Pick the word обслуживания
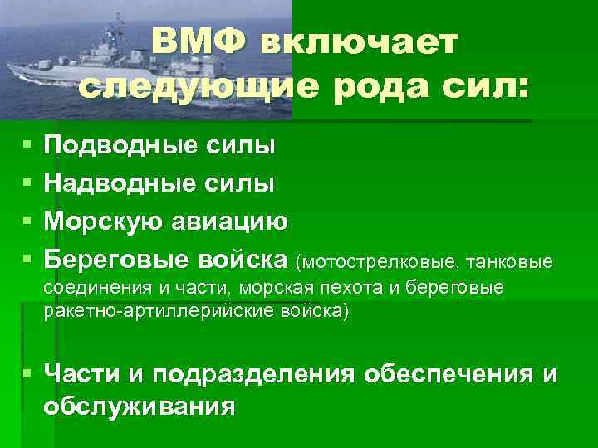click(x=140, y=407)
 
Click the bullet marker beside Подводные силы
click(x=28, y=147)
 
